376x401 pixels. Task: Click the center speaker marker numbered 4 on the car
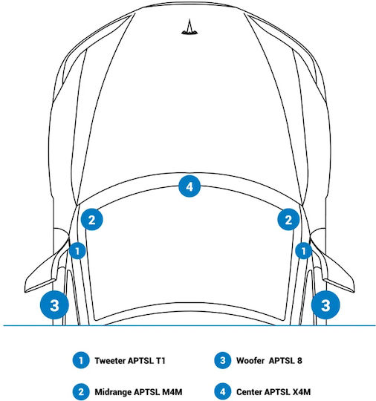[189, 186]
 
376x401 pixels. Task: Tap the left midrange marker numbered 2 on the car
[91, 219]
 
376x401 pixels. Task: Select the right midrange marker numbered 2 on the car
[288, 219]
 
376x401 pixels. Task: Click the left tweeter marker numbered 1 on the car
[77, 251]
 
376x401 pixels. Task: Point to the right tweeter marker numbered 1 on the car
[304, 251]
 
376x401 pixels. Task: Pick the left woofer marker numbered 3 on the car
[54, 305]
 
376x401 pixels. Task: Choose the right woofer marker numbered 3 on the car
[325, 305]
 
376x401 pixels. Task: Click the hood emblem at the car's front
[189, 27]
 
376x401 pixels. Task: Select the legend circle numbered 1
[81, 360]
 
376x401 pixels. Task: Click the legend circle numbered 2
[81, 392]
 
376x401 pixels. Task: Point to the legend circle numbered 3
[223, 360]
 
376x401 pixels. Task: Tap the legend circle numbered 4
[223, 392]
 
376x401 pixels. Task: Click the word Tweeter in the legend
[110, 361]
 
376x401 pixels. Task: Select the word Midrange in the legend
[113, 392]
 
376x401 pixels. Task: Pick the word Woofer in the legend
[250, 361]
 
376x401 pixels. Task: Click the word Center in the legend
[249, 392]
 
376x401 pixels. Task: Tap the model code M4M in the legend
[172, 392]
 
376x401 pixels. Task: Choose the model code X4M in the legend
[302, 392]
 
